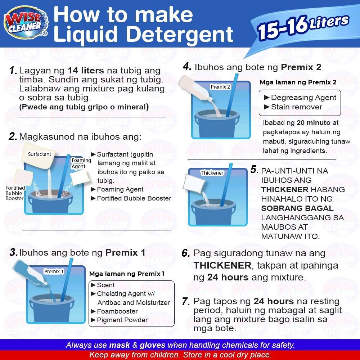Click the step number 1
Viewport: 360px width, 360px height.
[13, 71]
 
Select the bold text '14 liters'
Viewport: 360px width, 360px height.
[86, 70]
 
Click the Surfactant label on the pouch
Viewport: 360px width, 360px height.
[40, 154]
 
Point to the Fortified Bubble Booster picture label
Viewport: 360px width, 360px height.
[15, 193]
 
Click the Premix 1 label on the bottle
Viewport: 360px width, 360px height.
[54, 271]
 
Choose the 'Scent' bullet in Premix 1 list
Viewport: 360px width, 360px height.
[103, 285]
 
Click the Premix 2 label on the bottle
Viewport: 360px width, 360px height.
[220, 87]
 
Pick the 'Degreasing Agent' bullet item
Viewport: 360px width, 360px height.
[300, 98]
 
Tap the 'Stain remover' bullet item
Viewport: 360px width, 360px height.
[293, 107]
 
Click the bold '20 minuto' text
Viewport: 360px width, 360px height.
[314, 123]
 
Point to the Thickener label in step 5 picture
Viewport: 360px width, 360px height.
[212, 173]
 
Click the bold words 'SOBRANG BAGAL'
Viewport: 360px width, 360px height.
[297, 208]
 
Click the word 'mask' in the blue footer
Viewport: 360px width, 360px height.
[120, 345]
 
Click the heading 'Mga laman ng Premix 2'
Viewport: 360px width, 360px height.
[298, 82]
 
